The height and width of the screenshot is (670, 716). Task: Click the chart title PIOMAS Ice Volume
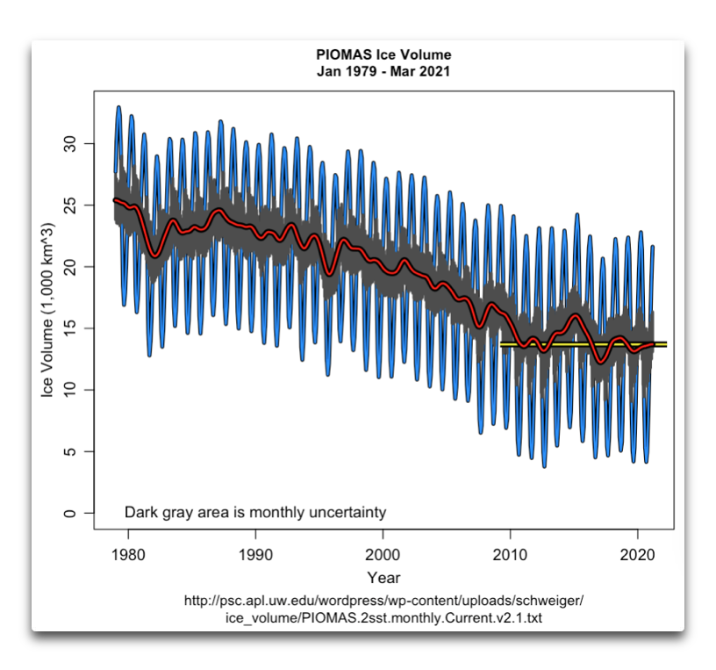[x=383, y=56]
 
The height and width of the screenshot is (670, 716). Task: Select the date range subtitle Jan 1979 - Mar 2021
[x=383, y=72]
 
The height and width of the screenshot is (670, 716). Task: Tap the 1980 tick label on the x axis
[x=128, y=555]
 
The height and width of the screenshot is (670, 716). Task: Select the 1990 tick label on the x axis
[x=255, y=555]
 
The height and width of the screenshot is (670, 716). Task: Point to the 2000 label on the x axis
[x=383, y=555]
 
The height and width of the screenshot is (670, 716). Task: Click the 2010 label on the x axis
[x=510, y=555]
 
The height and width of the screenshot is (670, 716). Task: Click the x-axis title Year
[x=383, y=578]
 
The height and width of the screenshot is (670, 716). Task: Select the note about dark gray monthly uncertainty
[x=254, y=512]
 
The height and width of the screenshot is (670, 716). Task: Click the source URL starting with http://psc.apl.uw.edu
[x=383, y=602]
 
